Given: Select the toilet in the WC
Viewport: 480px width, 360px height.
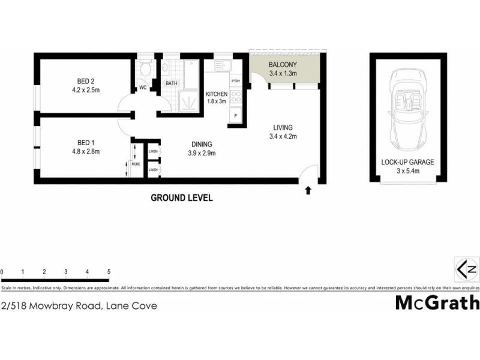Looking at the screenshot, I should click(143, 70).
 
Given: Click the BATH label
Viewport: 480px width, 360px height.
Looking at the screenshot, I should click(172, 83).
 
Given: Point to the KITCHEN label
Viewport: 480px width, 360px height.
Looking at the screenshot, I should click(216, 94).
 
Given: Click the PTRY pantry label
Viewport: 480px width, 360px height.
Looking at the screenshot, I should click(236, 81).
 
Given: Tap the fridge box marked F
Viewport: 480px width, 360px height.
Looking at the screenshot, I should click(236, 115).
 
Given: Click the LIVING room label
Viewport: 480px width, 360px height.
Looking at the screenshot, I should click(283, 127).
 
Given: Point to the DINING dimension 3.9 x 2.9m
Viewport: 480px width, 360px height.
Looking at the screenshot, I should click(202, 153).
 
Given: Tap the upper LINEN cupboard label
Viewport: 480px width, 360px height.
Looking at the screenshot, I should click(153, 152).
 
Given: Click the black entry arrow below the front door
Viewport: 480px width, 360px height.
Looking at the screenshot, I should click(308, 191).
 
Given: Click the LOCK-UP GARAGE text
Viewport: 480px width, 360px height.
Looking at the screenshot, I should click(407, 162).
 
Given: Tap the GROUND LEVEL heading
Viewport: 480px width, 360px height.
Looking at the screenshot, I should click(181, 197).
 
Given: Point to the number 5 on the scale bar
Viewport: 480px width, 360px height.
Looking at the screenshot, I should click(109, 272).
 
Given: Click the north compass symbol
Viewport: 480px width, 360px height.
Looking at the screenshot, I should click(466, 268).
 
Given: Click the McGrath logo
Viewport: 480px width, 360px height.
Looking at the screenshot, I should click(437, 302).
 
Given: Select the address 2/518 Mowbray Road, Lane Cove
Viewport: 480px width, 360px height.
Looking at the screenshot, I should click(79, 305).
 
